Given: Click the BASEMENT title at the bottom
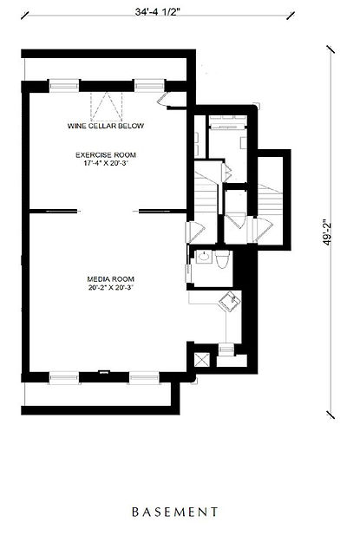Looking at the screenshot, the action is pos(175,512).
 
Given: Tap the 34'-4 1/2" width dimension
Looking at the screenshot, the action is pos(158,12).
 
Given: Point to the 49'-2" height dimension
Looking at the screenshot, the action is pos(327,232).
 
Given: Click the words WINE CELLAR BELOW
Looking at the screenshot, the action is pos(106,126).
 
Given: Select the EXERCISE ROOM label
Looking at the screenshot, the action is pos(106,155).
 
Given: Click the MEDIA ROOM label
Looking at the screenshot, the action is pos(111,279).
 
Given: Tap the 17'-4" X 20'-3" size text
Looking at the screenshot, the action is pos(106,163).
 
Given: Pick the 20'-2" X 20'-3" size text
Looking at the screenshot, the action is pos(111,287).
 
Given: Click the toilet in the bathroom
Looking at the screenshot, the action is pos(222,259).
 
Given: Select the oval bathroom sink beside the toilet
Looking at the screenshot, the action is pos(204,257).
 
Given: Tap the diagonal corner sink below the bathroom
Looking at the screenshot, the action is pos(230,301).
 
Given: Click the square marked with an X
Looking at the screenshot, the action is pos(201,360).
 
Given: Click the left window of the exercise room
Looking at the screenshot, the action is pos(63,85).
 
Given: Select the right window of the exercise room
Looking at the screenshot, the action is pos(149,85).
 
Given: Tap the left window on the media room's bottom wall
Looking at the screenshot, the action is pos(63,377).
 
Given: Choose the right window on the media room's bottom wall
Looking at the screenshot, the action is pos(145,377).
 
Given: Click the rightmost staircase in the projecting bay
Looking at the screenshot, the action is pos(270,200).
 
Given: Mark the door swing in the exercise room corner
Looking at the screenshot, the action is pos(162,100).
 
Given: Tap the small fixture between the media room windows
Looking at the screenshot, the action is pos(104,372).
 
